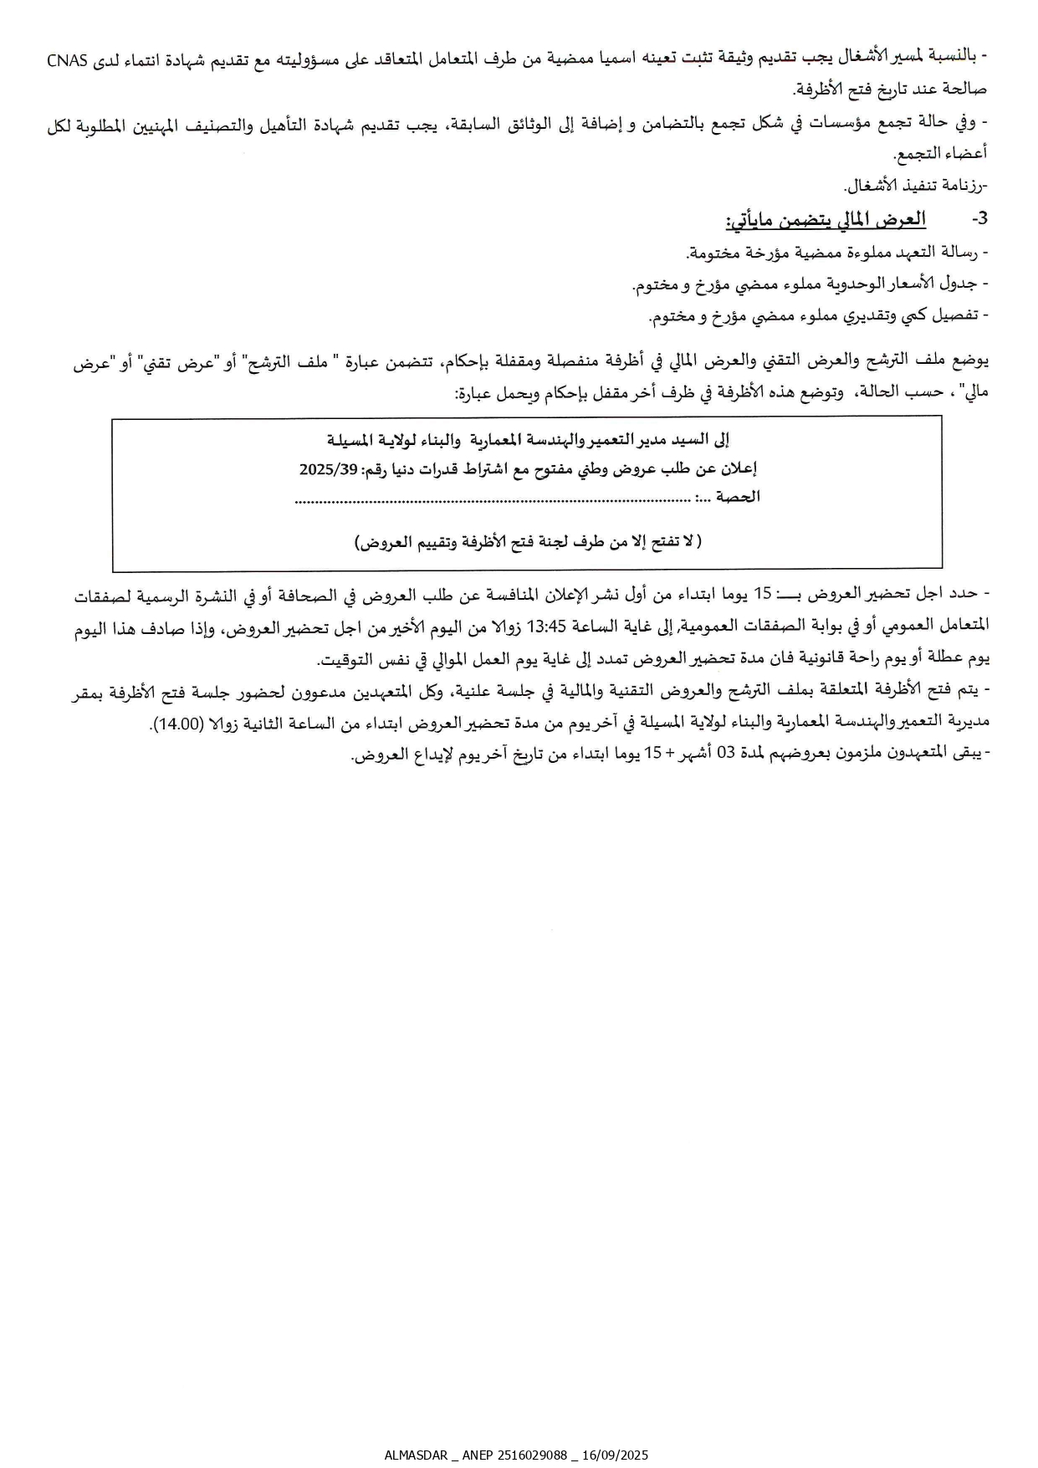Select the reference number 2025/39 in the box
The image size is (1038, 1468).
[x=328, y=470]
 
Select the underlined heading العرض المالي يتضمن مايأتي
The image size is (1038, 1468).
[x=826, y=220]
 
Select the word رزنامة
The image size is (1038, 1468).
[x=964, y=186]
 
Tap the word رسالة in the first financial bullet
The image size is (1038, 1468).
[x=962, y=253]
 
